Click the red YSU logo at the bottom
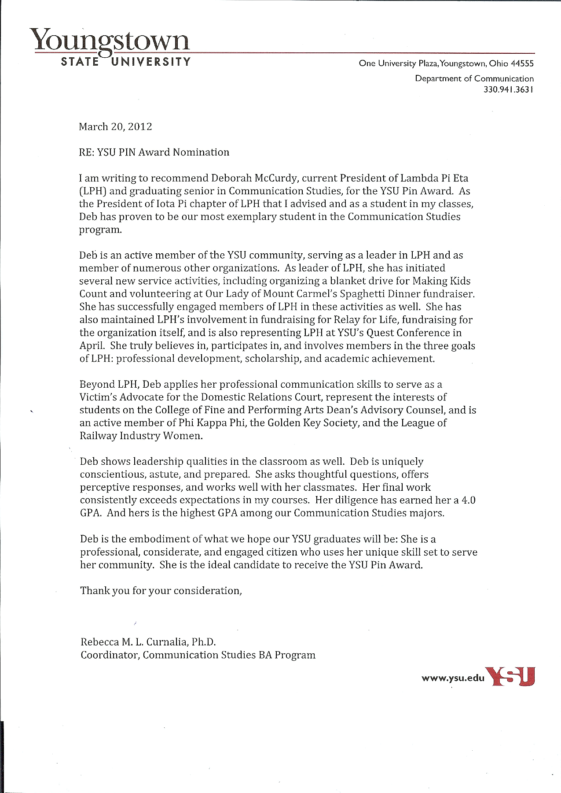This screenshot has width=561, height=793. [x=512, y=676]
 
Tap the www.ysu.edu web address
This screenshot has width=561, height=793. [x=453, y=678]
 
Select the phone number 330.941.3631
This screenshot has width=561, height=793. [x=509, y=89]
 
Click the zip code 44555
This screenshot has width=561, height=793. [x=522, y=63]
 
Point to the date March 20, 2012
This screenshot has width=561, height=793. [x=115, y=127]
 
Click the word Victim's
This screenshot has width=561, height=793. [x=99, y=397]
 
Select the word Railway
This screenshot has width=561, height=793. [x=98, y=436]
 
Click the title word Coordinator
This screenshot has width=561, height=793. [x=110, y=655]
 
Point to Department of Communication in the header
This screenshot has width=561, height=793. [x=474, y=79]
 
